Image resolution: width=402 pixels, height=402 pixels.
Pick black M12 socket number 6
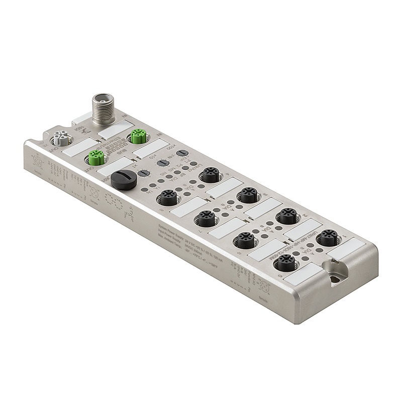(245, 240)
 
